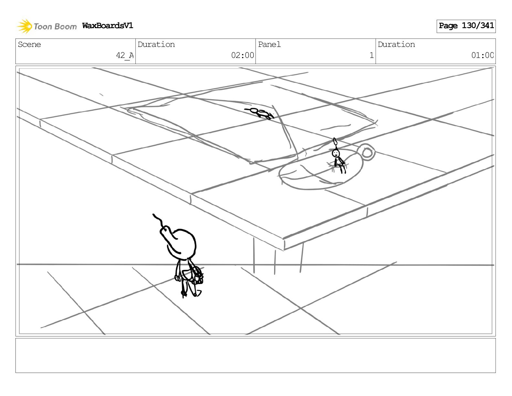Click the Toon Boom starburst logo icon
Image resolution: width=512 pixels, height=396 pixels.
click(24, 26)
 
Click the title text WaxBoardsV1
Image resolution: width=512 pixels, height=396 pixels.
click(108, 26)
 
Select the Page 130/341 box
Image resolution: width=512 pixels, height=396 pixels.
click(466, 26)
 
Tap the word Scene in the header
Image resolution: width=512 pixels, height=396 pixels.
click(29, 45)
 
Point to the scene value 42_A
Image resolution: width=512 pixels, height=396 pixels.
click(125, 55)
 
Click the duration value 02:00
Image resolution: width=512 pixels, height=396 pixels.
click(242, 55)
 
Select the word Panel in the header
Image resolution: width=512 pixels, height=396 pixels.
click(269, 45)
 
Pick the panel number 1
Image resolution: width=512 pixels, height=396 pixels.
click(371, 55)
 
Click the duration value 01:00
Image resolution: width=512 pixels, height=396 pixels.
click(482, 55)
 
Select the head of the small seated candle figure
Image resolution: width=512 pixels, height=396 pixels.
click(336, 153)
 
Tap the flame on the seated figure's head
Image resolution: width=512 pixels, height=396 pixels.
click(335, 142)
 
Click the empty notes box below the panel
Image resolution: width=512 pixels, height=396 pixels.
click(255, 355)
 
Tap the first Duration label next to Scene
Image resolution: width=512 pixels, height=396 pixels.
click(156, 45)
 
